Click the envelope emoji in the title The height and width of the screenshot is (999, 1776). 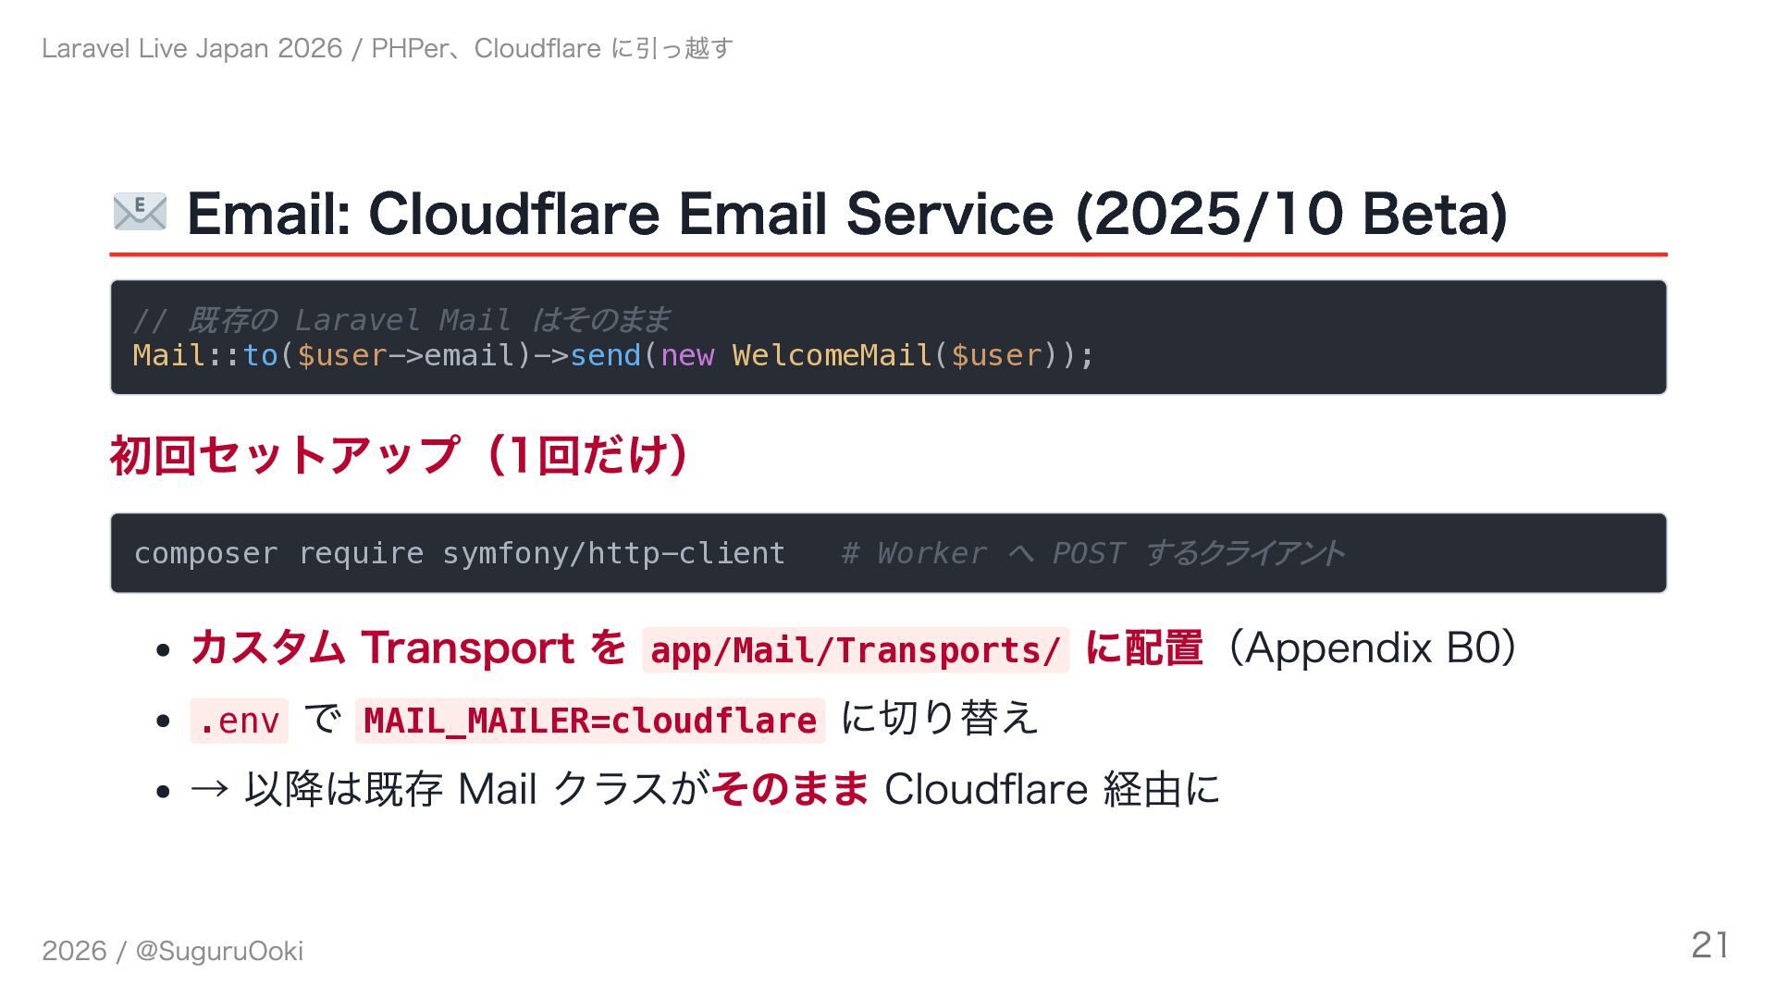click(140, 213)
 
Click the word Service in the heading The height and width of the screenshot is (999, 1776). click(949, 214)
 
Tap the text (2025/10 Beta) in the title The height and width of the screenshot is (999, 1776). click(1291, 214)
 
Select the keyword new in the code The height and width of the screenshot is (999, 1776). click(687, 355)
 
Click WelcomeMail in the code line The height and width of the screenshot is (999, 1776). click(832, 355)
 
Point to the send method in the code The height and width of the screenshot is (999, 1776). click(605, 355)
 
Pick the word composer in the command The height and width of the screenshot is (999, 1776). click(205, 553)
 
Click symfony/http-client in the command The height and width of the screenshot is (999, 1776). click(613, 553)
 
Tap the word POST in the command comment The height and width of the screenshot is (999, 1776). click(1088, 553)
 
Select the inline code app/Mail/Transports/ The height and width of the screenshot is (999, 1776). click(855, 649)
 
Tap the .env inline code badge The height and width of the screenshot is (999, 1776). click(239, 721)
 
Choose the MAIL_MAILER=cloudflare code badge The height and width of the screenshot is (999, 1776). click(590, 721)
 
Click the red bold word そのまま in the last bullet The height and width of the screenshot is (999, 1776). click(790, 789)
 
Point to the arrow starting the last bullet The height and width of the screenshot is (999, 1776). click(209, 789)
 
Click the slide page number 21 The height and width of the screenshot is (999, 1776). click(1709, 945)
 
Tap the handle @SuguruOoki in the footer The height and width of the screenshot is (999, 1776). click(219, 951)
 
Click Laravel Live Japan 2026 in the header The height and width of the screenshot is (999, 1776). click(191, 48)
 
